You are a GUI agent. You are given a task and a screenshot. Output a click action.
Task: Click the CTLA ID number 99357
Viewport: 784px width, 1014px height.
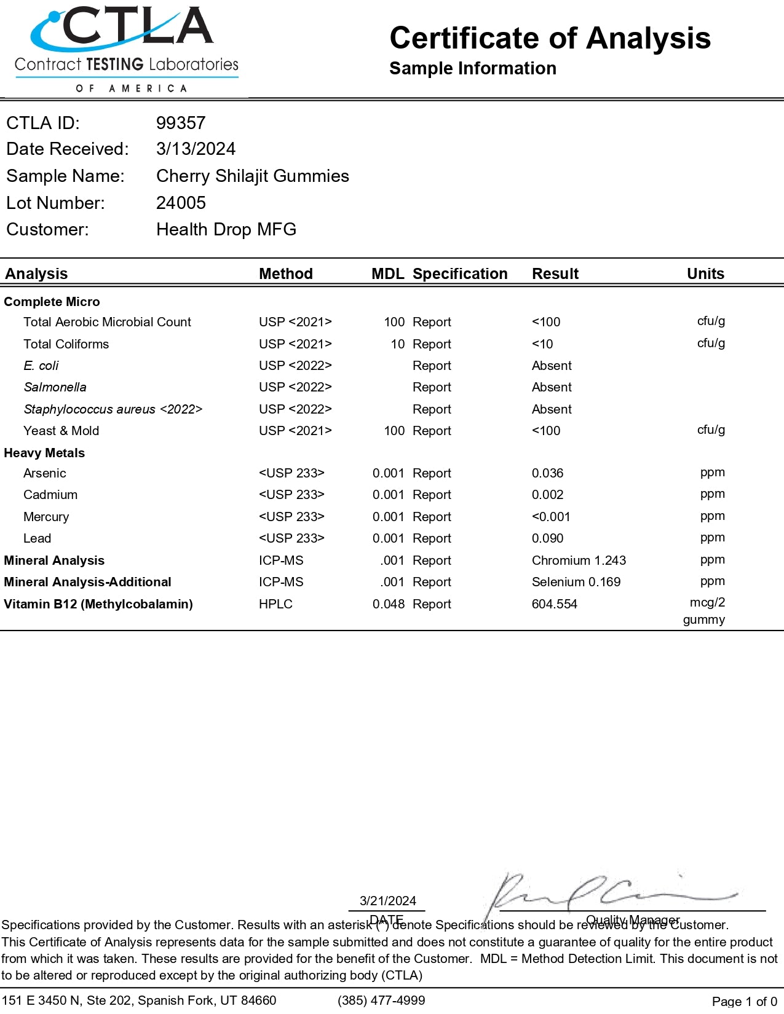[x=181, y=123]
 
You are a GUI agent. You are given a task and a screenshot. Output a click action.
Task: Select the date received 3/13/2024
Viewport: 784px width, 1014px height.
[x=196, y=149]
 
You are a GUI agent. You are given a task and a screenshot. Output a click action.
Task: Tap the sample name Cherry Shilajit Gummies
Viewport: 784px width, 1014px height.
[x=252, y=176]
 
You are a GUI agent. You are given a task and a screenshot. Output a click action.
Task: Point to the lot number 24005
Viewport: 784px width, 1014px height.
[x=181, y=203]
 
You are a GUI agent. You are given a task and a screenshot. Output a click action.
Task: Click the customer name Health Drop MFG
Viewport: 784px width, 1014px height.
[x=226, y=230]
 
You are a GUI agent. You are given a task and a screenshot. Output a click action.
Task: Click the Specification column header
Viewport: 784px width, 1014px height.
[x=459, y=274]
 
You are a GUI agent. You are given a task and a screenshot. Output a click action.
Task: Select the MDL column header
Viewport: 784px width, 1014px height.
[x=387, y=274]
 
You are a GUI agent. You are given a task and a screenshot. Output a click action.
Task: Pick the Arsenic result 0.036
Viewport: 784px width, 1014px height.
[x=547, y=473]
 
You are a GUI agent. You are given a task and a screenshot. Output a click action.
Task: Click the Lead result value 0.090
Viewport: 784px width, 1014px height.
[x=547, y=538]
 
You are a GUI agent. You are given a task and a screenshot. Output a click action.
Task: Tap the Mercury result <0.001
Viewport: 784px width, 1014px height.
[x=550, y=517]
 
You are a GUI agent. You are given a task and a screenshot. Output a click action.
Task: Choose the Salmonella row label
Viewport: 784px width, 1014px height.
[x=55, y=387]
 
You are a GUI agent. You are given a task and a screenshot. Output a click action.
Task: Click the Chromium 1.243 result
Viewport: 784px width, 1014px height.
[x=579, y=560]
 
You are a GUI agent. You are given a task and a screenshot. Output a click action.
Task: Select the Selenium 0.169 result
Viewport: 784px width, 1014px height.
[x=576, y=582]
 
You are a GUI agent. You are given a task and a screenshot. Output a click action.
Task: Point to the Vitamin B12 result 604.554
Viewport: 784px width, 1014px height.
[x=554, y=604]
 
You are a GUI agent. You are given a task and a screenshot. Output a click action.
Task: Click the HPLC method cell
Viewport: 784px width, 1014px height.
[x=275, y=604]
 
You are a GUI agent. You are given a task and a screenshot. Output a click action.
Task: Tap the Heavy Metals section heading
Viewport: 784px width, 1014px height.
[x=44, y=453]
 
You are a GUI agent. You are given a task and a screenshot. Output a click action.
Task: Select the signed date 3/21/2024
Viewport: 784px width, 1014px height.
[x=387, y=901]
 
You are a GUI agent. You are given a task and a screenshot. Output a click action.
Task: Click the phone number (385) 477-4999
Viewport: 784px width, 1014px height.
[x=381, y=1000]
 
